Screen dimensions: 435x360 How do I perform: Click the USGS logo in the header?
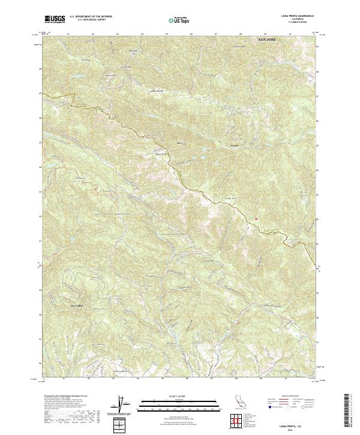pos(55,19)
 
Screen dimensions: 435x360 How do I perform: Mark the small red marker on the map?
pos(256,218)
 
